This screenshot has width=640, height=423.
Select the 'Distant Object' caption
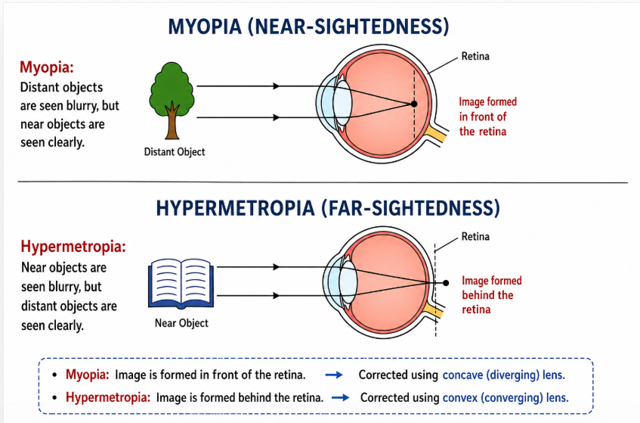pos(175,152)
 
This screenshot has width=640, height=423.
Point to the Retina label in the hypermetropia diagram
pos(475,237)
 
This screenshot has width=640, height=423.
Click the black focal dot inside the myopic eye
pos(413,103)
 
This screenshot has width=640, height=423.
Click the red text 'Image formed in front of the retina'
pos(487,117)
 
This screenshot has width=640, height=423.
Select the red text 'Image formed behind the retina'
pos(491,294)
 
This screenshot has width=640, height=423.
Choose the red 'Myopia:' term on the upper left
pos(47,68)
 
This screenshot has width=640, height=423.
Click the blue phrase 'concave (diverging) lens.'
pos(504,375)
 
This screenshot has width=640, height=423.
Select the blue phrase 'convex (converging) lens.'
pos(505,397)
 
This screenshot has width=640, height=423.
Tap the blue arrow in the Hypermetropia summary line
pos(339,397)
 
